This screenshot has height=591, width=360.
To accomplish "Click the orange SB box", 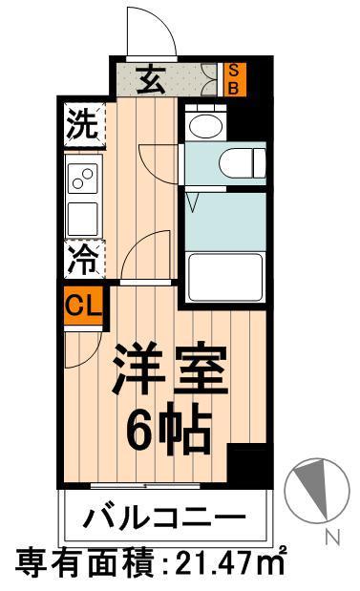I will tap(232, 79).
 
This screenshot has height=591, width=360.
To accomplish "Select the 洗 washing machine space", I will tap(83, 126).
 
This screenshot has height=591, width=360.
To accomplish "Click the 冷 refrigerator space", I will tap(83, 258).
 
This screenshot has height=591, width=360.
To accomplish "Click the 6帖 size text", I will tap(169, 431).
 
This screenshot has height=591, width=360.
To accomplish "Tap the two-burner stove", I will tap(83, 179).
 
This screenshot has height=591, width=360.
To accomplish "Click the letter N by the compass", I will tap(331, 538).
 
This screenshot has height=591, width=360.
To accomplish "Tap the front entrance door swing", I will tap(151, 33).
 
